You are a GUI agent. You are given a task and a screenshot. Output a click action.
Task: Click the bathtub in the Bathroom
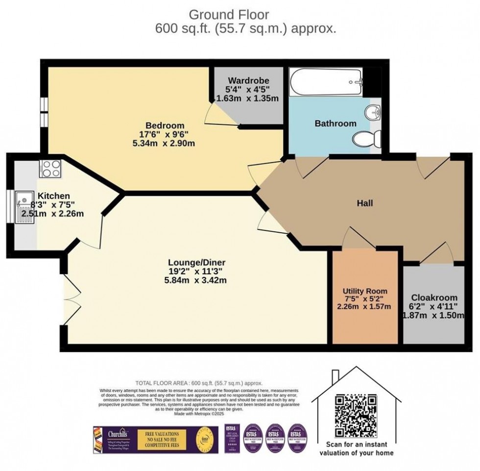pyautogui.click(x=325, y=82)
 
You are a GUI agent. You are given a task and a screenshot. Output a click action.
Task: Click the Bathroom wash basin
pyautogui.click(x=375, y=112)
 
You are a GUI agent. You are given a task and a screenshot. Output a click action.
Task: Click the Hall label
pyautogui.click(x=364, y=203)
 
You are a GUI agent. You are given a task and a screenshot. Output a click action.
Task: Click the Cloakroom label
pyautogui.click(x=434, y=297)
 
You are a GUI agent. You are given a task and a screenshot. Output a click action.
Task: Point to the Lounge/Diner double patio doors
pyautogui.click(x=71, y=294)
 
